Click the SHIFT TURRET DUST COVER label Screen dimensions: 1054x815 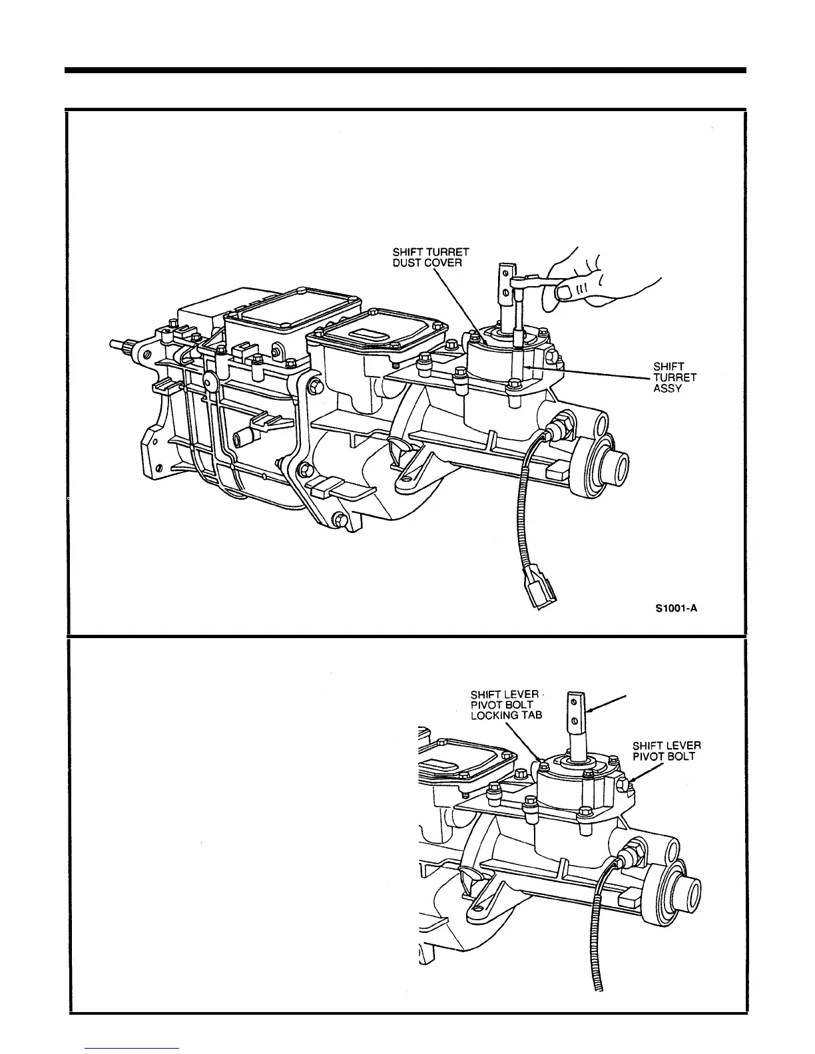pyautogui.click(x=430, y=257)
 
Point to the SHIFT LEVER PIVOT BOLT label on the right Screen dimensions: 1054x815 pyautogui.click(x=666, y=751)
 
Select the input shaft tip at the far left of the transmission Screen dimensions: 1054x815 pyautogui.click(x=115, y=345)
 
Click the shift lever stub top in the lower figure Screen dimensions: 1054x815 pyautogui.click(x=577, y=709)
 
